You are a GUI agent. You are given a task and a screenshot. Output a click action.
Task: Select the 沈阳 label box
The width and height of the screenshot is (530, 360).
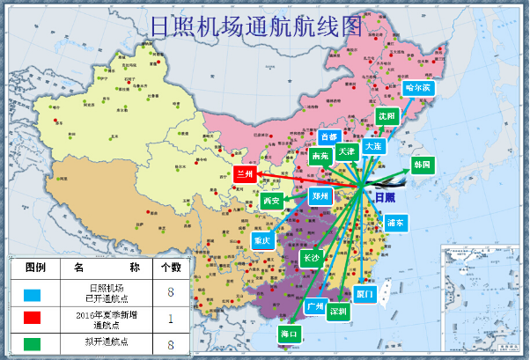(386, 115)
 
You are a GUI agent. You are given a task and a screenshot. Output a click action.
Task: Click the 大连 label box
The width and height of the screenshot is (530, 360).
(372, 145)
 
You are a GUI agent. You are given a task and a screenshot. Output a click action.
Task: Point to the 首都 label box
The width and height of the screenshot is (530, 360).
(328, 137)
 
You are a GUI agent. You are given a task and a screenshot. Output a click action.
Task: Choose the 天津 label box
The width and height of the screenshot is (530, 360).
(346, 151)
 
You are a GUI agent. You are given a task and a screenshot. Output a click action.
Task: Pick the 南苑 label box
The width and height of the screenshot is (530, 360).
(320, 156)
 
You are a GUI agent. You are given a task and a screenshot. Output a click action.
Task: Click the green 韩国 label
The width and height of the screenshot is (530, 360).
(422, 165)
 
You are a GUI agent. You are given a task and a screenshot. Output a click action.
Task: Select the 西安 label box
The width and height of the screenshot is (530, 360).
(271, 202)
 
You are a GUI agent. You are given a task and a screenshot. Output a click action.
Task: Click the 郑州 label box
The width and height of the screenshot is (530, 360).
(320, 196)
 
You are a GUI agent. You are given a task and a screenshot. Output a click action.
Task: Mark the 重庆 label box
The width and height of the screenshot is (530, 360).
(261, 239)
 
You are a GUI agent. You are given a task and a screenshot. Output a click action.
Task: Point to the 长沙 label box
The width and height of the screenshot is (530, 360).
(311, 258)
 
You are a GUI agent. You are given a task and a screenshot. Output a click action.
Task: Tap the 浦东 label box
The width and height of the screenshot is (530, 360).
(395, 223)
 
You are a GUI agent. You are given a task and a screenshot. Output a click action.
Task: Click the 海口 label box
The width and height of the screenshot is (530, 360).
(290, 334)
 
